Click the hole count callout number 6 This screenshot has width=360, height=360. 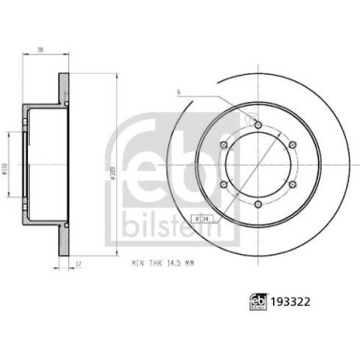pyautogui.click(x=177, y=93)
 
